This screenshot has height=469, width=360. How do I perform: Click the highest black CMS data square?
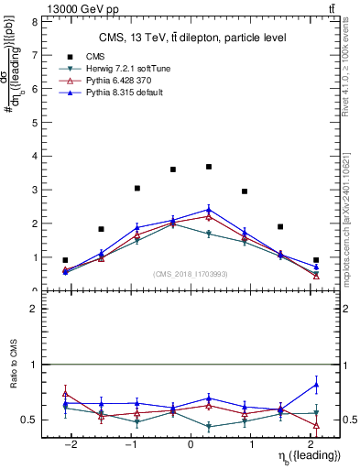[209, 167]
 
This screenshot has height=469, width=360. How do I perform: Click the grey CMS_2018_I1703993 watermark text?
[190, 273]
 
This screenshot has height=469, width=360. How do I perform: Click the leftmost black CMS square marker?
[65, 260]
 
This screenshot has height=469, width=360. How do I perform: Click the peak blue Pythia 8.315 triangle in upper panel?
[209, 210]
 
